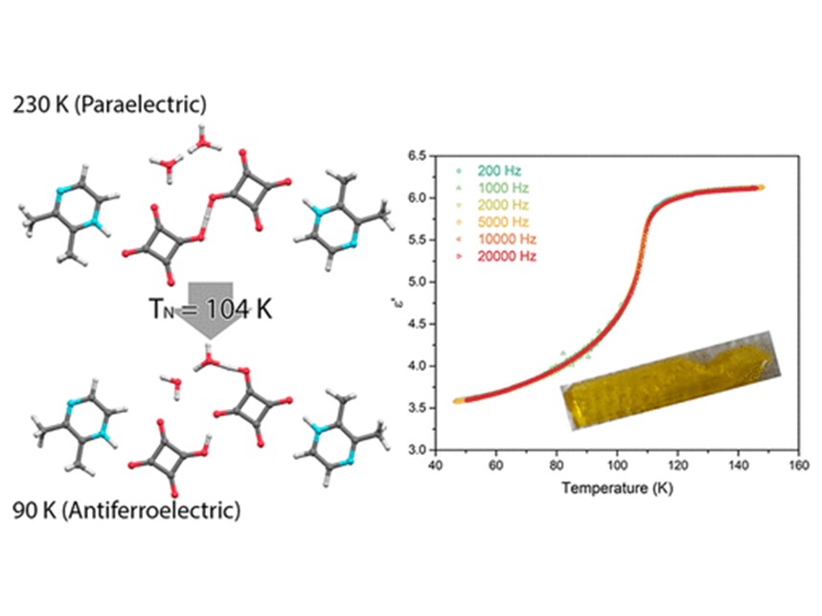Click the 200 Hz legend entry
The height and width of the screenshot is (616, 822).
(x=491, y=171)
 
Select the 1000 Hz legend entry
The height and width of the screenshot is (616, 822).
(x=495, y=188)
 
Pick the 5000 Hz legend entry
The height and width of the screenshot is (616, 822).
(x=495, y=222)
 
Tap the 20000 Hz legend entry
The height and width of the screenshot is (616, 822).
(x=498, y=257)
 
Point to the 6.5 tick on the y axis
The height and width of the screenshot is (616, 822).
(x=416, y=155)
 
